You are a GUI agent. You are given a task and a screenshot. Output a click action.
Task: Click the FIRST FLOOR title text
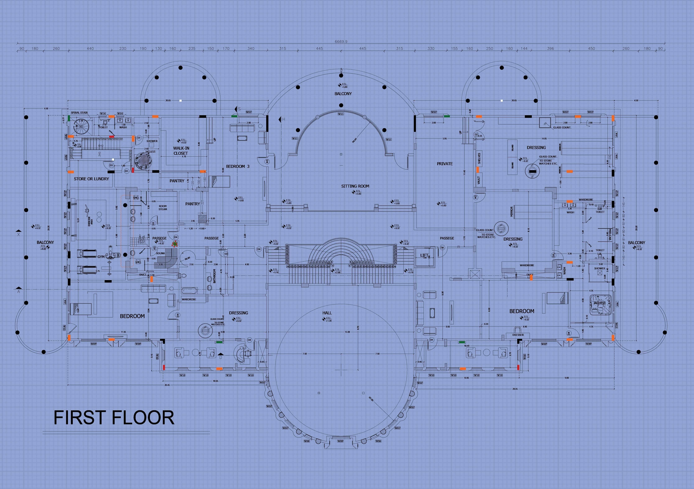[114, 418]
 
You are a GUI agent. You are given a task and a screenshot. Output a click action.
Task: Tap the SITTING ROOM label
[355, 186]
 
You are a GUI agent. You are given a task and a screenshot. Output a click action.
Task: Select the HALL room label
[327, 313]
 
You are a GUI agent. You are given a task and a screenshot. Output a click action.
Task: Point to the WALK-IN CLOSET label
[181, 151]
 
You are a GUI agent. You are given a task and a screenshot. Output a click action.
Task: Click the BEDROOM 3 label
[238, 166]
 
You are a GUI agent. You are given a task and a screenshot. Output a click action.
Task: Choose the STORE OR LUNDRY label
[91, 179]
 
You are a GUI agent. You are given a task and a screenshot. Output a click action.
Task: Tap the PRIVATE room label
[445, 164]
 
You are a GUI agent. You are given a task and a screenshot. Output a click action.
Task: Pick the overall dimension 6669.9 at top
[341, 42]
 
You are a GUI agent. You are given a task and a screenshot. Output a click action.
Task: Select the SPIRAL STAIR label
[79, 113]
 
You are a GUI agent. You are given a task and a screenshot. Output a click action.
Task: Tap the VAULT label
[478, 180]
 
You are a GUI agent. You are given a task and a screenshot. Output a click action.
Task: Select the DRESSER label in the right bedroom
[518, 335]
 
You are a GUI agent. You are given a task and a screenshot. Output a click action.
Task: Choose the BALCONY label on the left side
[45, 242]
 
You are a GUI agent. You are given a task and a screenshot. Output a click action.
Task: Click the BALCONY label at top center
[343, 94]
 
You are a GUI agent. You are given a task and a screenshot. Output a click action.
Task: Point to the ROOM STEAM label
[163, 208]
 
